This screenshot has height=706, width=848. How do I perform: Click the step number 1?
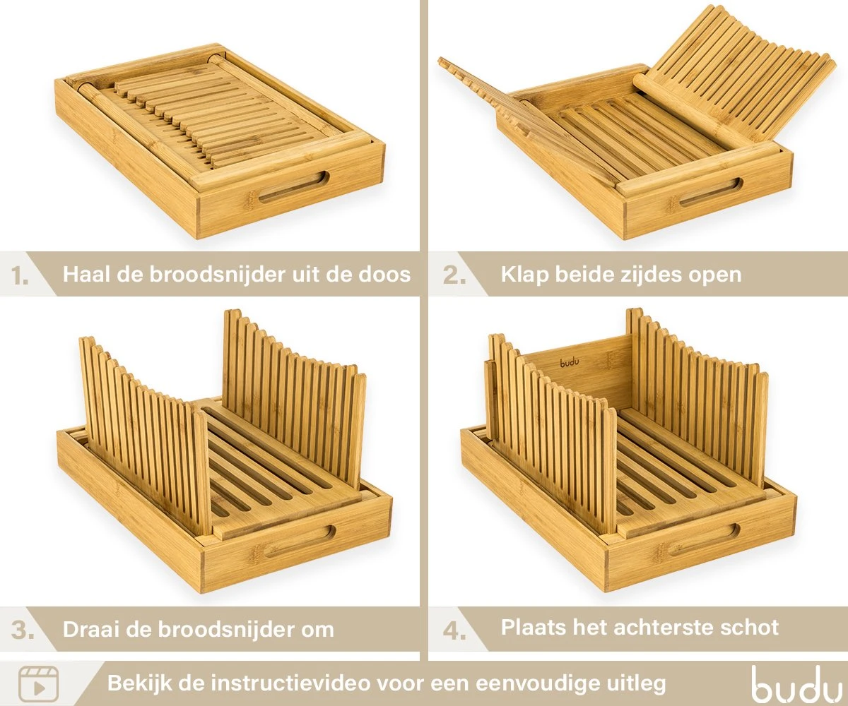(x=20, y=275)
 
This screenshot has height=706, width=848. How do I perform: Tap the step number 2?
(x=454, y=275)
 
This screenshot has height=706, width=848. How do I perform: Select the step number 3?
(x=22, y=630)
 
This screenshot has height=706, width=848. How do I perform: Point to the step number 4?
(x=454, y=629)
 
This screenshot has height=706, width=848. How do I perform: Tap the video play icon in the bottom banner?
(x=38, y=683)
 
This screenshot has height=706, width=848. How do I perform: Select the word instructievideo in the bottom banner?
(x=293, y=683)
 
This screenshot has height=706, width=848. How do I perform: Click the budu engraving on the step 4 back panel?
(x=570, y=363)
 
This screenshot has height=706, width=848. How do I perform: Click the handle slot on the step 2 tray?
(x=710, y=192)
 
